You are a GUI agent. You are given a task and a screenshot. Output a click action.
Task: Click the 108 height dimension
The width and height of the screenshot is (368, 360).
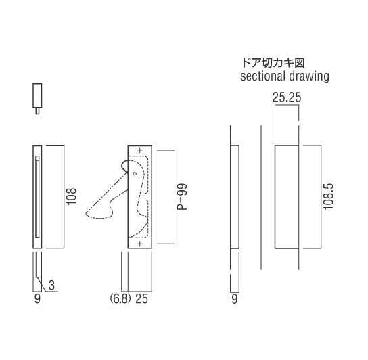(x=72, y=196)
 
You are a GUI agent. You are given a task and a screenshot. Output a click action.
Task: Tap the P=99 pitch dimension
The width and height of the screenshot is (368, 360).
(x=182, y=197)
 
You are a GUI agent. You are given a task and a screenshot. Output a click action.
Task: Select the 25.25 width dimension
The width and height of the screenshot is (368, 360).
(x=287, y=97)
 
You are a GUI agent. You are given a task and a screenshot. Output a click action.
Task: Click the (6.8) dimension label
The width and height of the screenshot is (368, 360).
(x=120, y=299)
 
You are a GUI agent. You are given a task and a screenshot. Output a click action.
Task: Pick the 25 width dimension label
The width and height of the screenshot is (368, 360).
(x=142, y=299)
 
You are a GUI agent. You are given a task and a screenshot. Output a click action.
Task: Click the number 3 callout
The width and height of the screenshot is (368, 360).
(x=51, y=286)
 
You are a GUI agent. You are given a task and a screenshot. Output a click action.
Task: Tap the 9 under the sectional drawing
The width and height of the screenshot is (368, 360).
(x=235, y=299)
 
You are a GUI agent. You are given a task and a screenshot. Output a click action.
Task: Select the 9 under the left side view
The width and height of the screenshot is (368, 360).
(x=37, y=299)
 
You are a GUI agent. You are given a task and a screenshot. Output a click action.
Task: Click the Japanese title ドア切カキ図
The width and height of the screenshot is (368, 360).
(x=273, y=63)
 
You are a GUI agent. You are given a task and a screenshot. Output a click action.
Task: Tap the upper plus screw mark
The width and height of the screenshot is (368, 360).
(x=140, y=150)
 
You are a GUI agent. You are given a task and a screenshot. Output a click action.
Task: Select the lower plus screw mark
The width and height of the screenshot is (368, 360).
(x=140, y=244)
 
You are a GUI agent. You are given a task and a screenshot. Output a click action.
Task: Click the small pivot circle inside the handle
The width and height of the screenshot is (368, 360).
(x=135, y=174)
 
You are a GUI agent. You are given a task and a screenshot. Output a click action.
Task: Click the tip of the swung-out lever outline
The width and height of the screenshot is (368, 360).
(x=87, y=214)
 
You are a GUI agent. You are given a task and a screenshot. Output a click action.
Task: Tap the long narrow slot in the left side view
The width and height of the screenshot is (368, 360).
(x=37, y=197)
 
